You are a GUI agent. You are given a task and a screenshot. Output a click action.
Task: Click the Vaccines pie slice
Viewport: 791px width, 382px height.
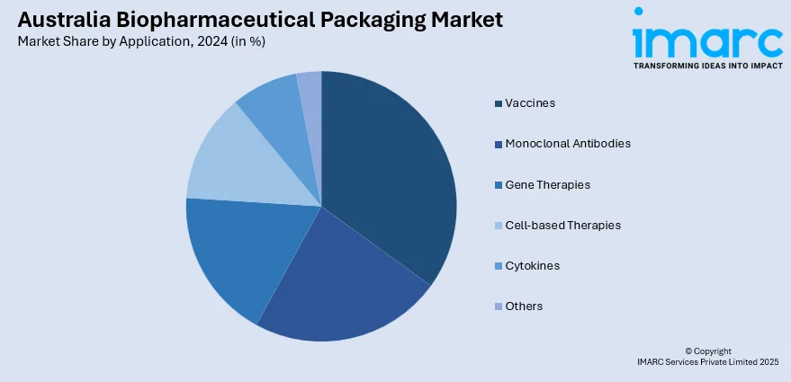(x=387, y=171)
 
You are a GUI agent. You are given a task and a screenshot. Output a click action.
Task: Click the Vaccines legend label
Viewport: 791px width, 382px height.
(x=530, y=102)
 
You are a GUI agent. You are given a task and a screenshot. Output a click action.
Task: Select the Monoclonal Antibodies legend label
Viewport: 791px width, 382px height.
(x=567, y=143)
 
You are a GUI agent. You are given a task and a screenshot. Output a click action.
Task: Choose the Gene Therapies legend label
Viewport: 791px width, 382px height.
(x=547, y=184)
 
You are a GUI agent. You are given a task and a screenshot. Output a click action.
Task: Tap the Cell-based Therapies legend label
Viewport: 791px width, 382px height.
(x=562, y=225)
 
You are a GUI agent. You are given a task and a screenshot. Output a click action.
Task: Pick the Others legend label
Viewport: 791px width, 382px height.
(x=524, y=306)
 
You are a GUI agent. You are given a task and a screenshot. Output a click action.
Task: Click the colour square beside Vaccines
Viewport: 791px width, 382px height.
(x=498, y=103)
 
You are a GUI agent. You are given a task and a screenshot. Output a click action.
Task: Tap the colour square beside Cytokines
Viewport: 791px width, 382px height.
(x=498, y=267)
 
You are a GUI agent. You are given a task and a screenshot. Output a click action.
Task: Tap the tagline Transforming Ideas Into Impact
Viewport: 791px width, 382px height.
(x=707, y=66)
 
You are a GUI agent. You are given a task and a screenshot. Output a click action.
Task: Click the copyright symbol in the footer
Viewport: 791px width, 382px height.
(x=688, y=351)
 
